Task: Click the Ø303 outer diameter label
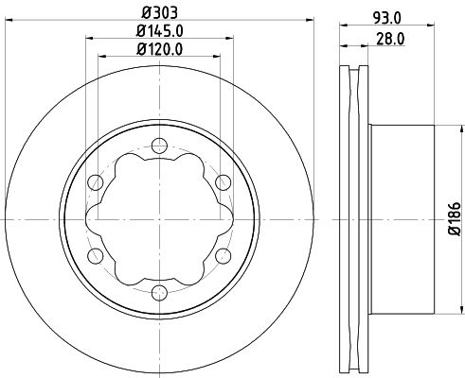tap(160, 12)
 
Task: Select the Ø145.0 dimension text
tap(160, 30)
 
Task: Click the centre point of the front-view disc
tap(158, 218)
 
